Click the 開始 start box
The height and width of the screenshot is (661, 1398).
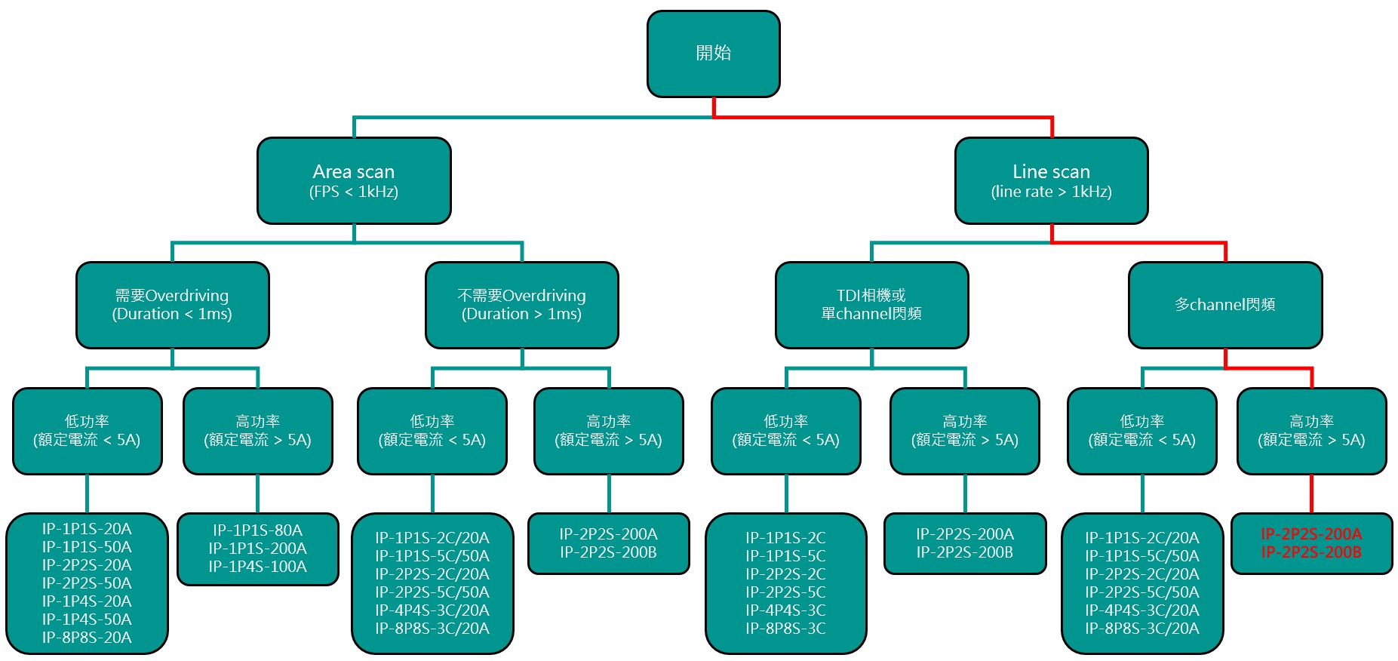pyautogui.click(x=713, y=54)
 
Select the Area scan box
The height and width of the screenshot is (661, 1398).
pyautogui.click(x=354, y=180)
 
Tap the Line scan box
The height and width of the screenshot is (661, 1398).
pyautogui.click(x=1051, y=180)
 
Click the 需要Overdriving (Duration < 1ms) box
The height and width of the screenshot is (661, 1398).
pyautogui.click(x=172, y=305)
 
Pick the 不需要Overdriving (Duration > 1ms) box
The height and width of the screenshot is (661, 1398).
pyautogui.click(x=521, y=305)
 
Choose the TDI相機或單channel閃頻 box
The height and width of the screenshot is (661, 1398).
pyautogui.click(x=871, y=305)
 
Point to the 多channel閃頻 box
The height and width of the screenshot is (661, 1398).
pyautogui.click(x=1225, y=305)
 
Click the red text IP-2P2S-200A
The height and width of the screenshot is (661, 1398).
pyautogui.click(x=1311, y=534)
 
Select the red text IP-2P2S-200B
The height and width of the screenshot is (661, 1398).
pyautogui.click(x=1311, y=552)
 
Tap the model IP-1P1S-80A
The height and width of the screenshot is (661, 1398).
pyautogui.click(x=257, y=530)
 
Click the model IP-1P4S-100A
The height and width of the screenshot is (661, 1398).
pyautogui.click(x=257, y=567)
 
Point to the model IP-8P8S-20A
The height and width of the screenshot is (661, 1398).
pyautogui.click(x=87, y=638)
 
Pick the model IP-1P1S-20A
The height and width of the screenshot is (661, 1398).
pyautogui.click(x=87, y=529)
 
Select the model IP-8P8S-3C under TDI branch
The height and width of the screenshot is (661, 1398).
pyautogui.click(x=785, y=629)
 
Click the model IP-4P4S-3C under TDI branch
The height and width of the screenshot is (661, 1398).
pyautogui.click(x=785, y=610)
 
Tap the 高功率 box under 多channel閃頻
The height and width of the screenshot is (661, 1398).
pyautogui.click(x=1311, y=431)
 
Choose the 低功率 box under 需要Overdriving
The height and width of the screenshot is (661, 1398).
pyautogui.click(x=87, y=431)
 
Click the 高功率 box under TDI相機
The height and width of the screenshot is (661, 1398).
pyautogui.click(x=964, y=431)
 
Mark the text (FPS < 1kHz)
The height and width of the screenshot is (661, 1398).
pyautogui.click(x=354, y=192)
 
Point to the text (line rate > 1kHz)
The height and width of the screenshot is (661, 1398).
pyautogui.click(x=1051, y=192)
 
